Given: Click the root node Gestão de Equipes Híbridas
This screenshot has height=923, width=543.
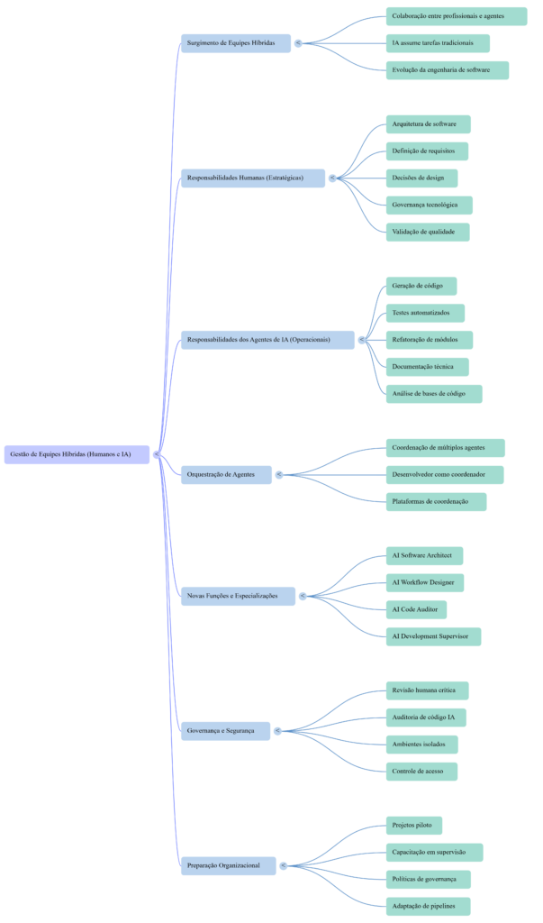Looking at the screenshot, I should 77,454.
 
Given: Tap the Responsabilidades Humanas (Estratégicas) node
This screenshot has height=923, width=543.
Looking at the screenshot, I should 253,178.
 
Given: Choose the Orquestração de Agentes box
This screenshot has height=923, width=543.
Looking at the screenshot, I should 226,474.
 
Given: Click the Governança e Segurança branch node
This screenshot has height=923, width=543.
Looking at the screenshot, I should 225,731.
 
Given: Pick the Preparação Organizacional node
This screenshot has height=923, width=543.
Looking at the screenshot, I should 229,865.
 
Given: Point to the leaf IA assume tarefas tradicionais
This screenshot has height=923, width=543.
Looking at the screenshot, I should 438,43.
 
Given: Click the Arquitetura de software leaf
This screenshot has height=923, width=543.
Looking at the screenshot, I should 428,123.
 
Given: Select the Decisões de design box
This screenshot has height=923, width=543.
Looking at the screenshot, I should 421,178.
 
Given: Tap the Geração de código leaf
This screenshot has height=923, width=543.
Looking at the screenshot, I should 421,286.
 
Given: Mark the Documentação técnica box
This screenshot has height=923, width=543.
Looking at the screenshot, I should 429,367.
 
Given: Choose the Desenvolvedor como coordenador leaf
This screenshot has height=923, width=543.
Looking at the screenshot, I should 444,474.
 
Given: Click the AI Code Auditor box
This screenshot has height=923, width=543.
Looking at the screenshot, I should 416,609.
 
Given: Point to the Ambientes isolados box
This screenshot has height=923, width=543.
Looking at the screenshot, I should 421,745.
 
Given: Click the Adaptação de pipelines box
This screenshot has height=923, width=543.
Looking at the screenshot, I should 428,906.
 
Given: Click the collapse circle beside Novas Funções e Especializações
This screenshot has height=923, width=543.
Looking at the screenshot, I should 303,596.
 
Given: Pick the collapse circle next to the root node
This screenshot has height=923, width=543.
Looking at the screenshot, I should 157,454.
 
